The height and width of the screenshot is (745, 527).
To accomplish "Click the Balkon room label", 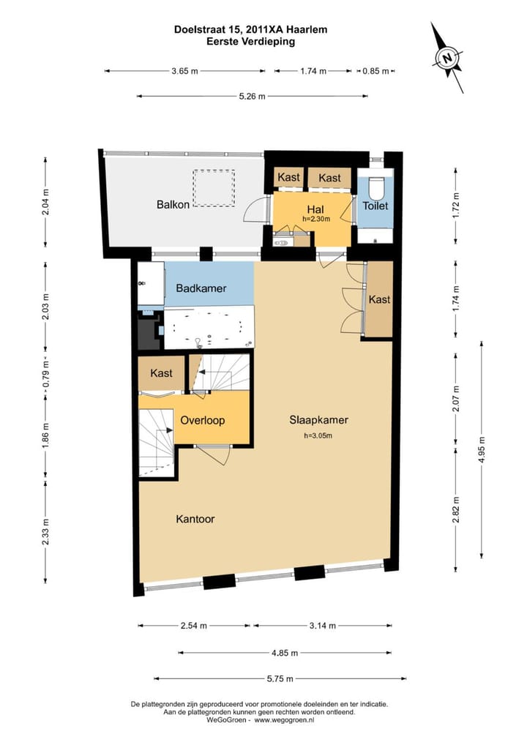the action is pos(173,204).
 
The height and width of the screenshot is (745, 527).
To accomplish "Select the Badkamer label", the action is pos(201,288).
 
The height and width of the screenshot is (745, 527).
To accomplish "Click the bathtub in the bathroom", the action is pos(209,328).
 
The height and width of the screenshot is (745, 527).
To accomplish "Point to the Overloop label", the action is pos(203,420).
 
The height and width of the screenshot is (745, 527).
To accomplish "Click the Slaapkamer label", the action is pos(319,419).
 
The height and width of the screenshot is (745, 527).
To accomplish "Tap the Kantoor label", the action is pos(195,519).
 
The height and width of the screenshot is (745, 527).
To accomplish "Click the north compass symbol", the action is pos(447,58).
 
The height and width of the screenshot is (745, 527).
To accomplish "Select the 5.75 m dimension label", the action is pos(280,678).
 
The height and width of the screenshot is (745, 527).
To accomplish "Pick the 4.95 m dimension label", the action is pos(482,449).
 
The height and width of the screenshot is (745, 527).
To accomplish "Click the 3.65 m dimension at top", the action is pos(185,71).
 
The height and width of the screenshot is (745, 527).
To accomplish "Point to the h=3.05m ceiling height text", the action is pos(318,435).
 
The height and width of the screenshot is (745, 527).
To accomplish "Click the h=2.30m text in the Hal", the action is pos(316,219).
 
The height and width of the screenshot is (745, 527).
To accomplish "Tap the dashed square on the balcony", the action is pos(214,188).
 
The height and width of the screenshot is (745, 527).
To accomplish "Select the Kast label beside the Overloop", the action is pos(161,373).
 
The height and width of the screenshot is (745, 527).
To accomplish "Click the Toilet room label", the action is pos(375,206).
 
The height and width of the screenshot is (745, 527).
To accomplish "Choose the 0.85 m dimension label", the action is pos(376,71).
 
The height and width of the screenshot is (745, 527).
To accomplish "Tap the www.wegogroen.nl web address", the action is pos(284,720).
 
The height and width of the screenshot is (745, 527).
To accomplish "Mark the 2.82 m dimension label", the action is pos(456,510).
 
